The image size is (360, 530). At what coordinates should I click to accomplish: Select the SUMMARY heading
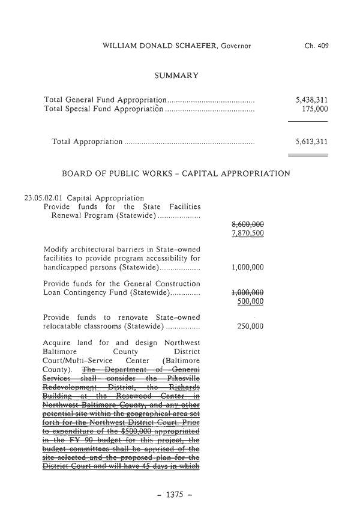[x=176, y=75]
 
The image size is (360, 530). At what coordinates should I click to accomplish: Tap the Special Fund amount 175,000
[x=316, y=109]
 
